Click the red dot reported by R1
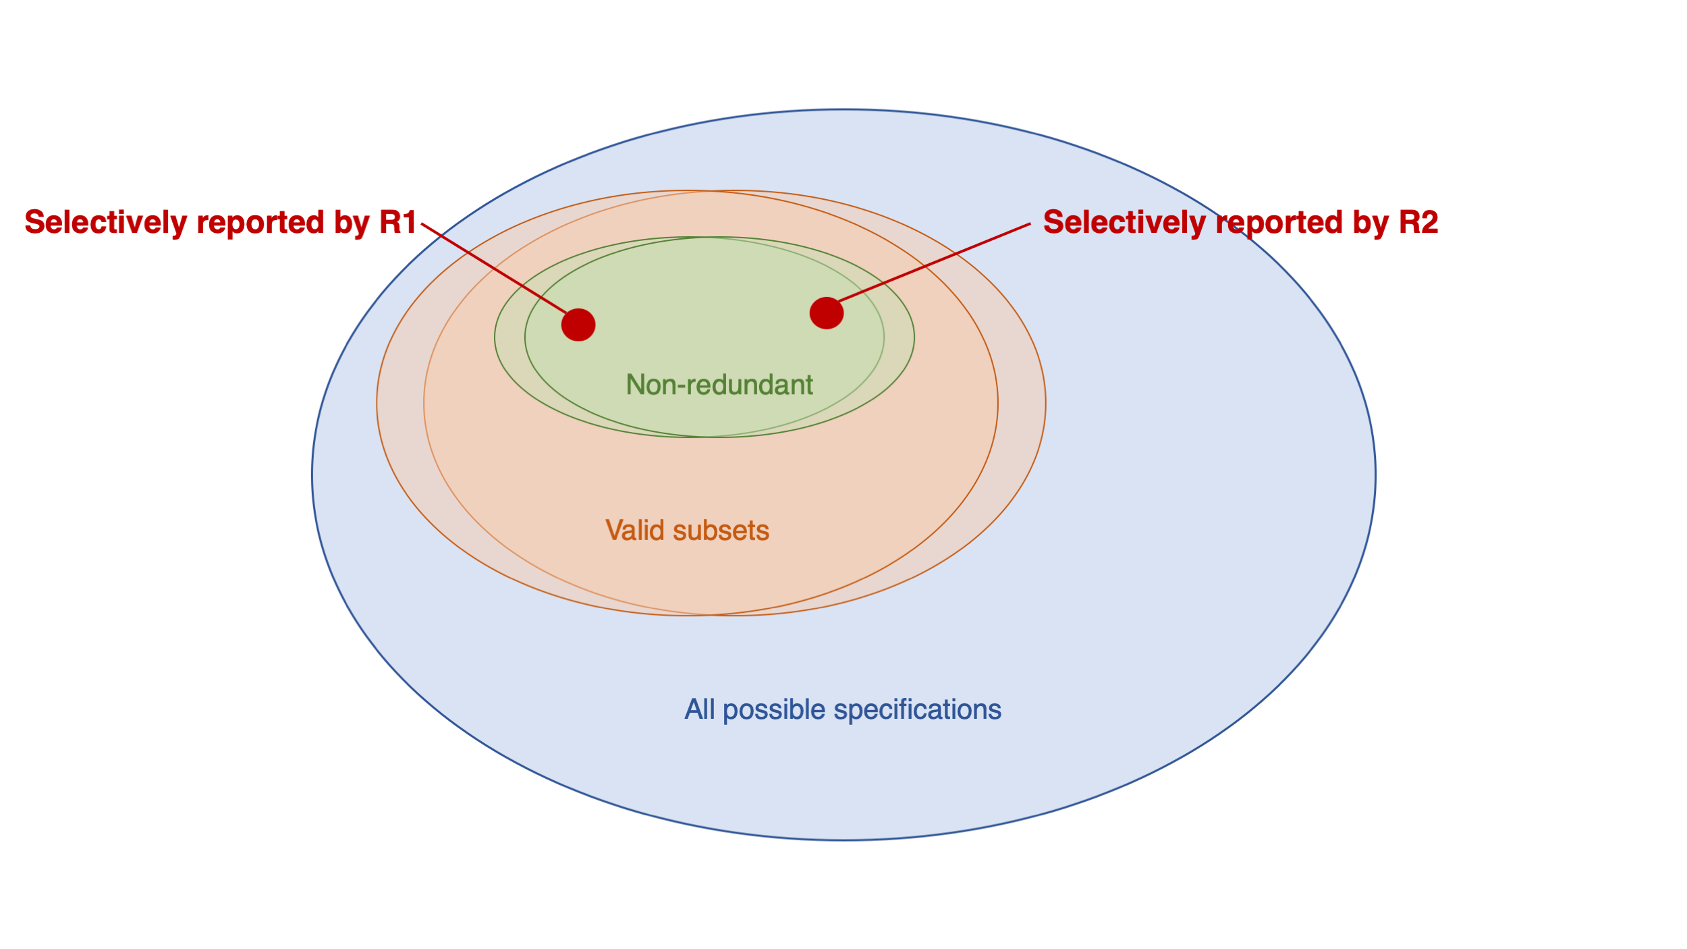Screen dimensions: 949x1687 click(x=578, y=325)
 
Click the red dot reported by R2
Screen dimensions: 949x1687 click(x=827, y=313)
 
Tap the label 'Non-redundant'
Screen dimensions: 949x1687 click(x=719, y=385)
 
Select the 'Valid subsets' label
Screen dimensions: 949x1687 click(x=687, y=531)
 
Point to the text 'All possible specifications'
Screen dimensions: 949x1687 click(x=843, y=709)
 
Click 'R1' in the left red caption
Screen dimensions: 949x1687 click(x=397, y=222)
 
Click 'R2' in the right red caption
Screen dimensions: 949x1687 click(x=1418, y=222)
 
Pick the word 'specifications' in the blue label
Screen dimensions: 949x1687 click(x=917, y=709)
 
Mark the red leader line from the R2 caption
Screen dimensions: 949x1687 click(x=935, y=262)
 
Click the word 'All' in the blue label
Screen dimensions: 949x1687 click(x=700, y=709)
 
